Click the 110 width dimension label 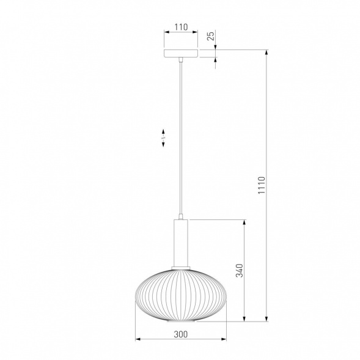(x=181, y=27)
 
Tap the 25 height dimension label (x=211, y=35)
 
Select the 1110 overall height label (x=261, y=185)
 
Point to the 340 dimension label (x=240, y=271)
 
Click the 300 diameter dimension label (x=180, y=334)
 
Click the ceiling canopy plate (x=181, y=53)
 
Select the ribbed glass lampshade (x=181, y=295)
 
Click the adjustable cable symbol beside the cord (x=163, y=138)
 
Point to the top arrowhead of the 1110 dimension (x=266, y=52)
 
